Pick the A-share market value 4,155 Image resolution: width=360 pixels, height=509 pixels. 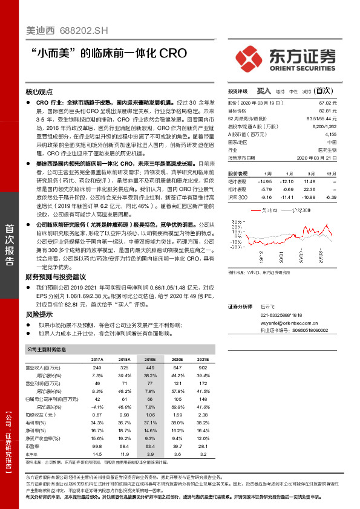coord(329,135)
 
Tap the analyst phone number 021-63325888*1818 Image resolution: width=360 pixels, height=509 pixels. coord(282,316)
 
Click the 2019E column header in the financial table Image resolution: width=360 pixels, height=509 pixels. coord(149,359)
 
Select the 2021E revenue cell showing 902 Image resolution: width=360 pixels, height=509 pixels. coord(203,368)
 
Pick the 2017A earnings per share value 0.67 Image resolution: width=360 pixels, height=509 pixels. coord(96,415)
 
